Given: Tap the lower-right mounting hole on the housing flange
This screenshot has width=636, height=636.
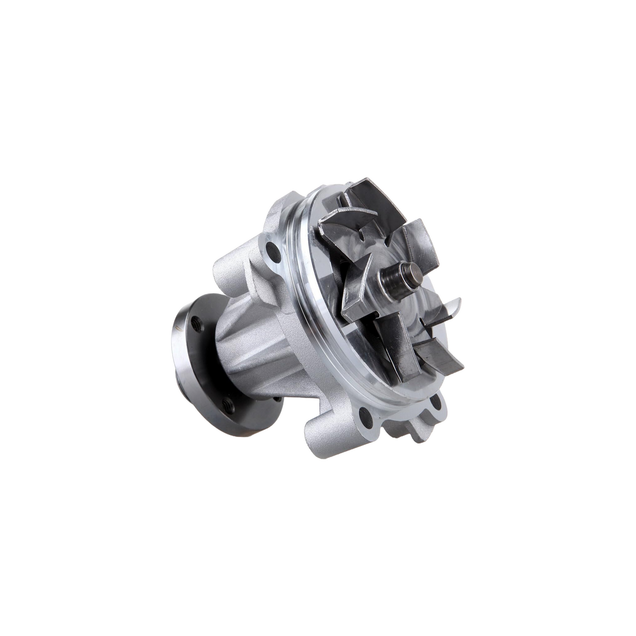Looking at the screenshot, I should (x=437, y=403).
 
